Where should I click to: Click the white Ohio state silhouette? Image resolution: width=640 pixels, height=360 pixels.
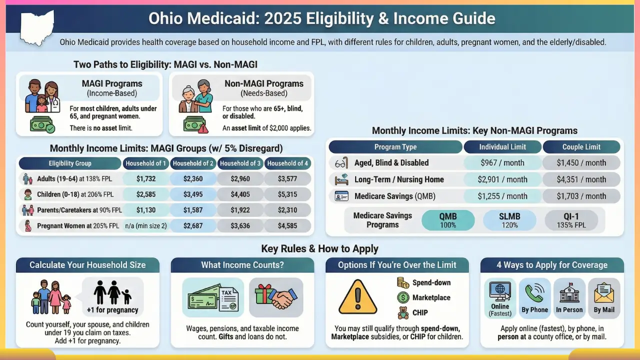click(x=36, y=27)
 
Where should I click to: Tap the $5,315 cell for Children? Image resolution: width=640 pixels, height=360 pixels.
click(x=287, y=194)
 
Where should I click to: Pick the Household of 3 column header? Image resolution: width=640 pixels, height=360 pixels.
click(x=240, y=163)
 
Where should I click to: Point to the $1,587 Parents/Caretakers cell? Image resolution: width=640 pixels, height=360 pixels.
click(x=193, y=210)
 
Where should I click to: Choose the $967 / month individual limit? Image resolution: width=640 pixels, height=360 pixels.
click(x=502, y=162)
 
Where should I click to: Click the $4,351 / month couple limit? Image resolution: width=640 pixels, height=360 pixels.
click(x=581, y=179)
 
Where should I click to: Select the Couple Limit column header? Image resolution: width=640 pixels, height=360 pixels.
click(x=581, y=147)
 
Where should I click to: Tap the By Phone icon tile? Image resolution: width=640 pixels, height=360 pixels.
click(x=534, y=298)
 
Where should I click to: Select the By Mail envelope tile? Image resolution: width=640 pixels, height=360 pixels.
click(x=604, y=298)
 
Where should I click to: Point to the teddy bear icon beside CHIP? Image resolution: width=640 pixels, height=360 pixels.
click(x=403, y=313)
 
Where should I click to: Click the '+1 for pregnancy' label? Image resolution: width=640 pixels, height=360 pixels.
click(x=112, y=310)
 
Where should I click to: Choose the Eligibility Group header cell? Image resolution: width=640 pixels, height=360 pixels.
click(x=69, y=163)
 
